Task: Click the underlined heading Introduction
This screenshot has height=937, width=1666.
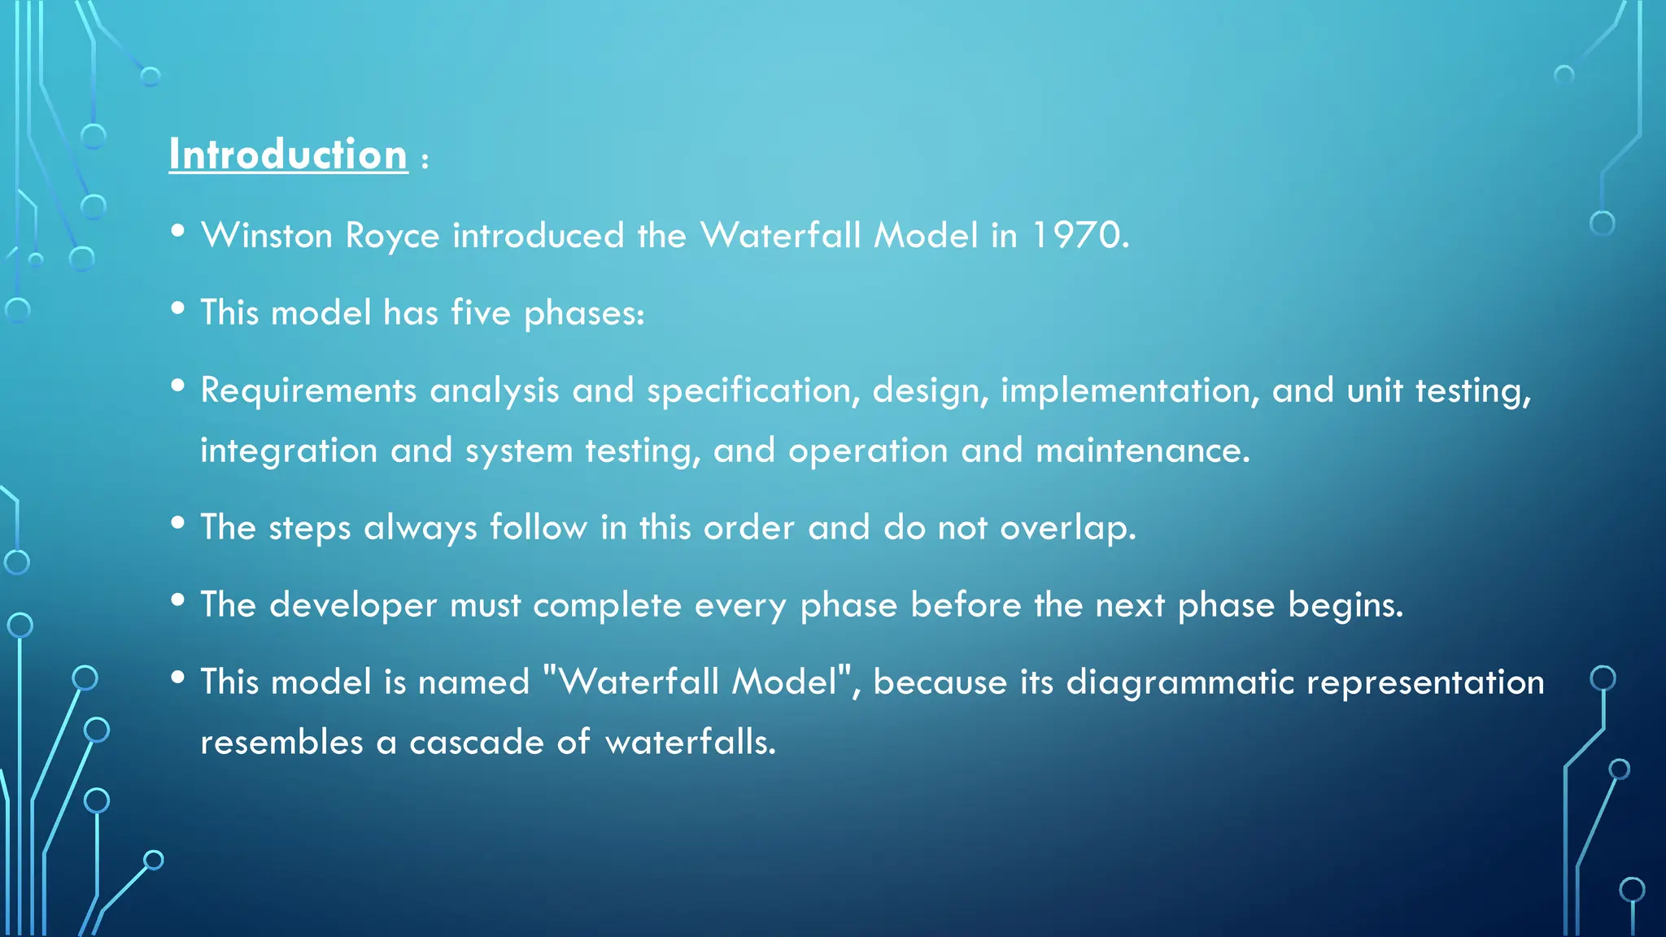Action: [288, 155]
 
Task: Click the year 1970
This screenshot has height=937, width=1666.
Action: [1079, 236]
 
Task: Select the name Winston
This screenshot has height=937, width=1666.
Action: [267, 236]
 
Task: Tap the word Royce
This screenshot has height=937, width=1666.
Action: [392, 236]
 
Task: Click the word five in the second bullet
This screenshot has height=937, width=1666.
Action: [480, 312]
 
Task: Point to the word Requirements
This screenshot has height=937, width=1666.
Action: [308, 390]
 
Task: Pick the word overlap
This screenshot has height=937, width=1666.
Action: [1067, 528]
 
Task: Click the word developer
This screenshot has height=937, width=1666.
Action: [353, 605]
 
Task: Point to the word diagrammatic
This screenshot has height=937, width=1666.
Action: [1180, 682]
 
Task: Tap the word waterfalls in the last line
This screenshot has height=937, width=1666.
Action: [691, 742]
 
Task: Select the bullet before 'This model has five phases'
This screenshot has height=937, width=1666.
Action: [178, 308]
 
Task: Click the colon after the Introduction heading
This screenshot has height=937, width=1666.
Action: [425, 160]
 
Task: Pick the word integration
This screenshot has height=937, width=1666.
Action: [289, 451]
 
